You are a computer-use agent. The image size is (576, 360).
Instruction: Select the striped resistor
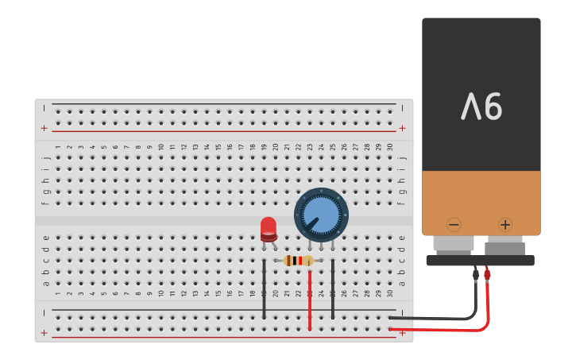(x=299, y=261)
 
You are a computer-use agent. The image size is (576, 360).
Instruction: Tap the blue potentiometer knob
(x=321, y=215)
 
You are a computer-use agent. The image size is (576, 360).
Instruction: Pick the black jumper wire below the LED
(x=264, y=290)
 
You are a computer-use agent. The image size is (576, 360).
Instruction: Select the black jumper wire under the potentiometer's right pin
(x=333, y=290)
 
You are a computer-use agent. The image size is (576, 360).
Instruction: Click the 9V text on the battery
(x=481, y=106)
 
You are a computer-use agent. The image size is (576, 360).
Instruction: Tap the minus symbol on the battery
(x=454, y=225)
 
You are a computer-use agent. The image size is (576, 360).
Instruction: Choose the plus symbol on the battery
(x=505, y=225)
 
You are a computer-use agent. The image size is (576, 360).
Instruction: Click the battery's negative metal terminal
(x=454, y=244)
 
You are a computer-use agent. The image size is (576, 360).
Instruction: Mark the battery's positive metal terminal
(x=504, y=246)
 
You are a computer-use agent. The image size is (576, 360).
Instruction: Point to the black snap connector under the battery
(x=480, y=260)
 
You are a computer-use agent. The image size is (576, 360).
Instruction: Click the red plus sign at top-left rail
(x=44, y=128)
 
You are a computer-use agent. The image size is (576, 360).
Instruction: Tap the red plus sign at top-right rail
(x=402, y=128)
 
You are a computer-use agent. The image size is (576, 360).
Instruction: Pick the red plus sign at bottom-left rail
(x=44, y=333)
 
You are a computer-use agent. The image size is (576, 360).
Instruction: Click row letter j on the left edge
(x=46, y=157)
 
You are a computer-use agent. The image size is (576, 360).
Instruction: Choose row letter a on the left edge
(x=46, y=283)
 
